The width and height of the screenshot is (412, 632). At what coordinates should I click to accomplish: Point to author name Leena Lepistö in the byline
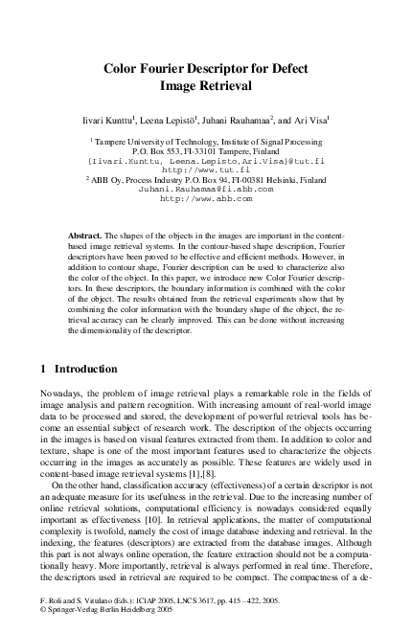(x=178, y=120)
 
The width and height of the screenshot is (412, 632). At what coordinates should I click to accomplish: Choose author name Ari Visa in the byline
(x=309, y=120)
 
